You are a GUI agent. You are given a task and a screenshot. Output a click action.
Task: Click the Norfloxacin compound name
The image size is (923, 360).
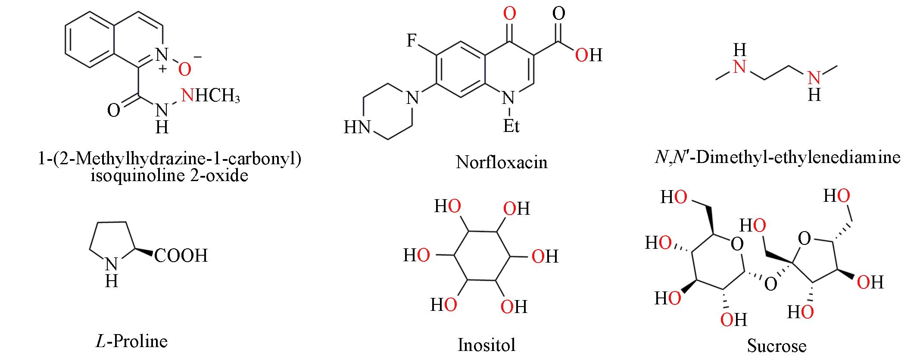[502, 162]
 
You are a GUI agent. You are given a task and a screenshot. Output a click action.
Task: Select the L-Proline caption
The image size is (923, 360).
[131, 341]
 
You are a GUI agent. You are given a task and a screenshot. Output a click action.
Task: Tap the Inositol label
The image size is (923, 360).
[486, 345]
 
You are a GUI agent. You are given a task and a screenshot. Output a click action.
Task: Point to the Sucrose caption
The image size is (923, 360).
[776, 346]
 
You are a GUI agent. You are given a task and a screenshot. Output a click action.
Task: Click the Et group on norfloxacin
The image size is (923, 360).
[511, 125]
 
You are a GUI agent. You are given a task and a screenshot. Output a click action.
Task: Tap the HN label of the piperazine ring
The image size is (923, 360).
[358, 128]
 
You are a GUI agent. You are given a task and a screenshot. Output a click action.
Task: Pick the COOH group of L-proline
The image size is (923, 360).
[181, 255]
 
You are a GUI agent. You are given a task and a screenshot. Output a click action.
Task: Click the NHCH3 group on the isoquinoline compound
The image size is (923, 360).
[211, 95]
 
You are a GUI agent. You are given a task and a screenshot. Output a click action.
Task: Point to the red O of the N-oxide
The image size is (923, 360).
[184, 69]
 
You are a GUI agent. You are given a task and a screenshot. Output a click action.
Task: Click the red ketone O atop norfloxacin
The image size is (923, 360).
[510, 14]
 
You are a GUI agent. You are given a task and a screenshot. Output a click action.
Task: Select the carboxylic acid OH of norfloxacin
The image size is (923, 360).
[589, 55]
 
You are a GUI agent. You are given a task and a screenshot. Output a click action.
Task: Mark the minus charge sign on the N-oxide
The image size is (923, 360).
[198, 56]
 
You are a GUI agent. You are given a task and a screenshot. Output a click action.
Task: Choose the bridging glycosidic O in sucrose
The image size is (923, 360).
[770, 284]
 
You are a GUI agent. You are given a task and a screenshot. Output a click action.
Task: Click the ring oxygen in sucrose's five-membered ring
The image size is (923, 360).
[804, 238]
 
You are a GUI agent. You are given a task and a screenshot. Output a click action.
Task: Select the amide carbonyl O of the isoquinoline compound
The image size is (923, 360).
[113, 110]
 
